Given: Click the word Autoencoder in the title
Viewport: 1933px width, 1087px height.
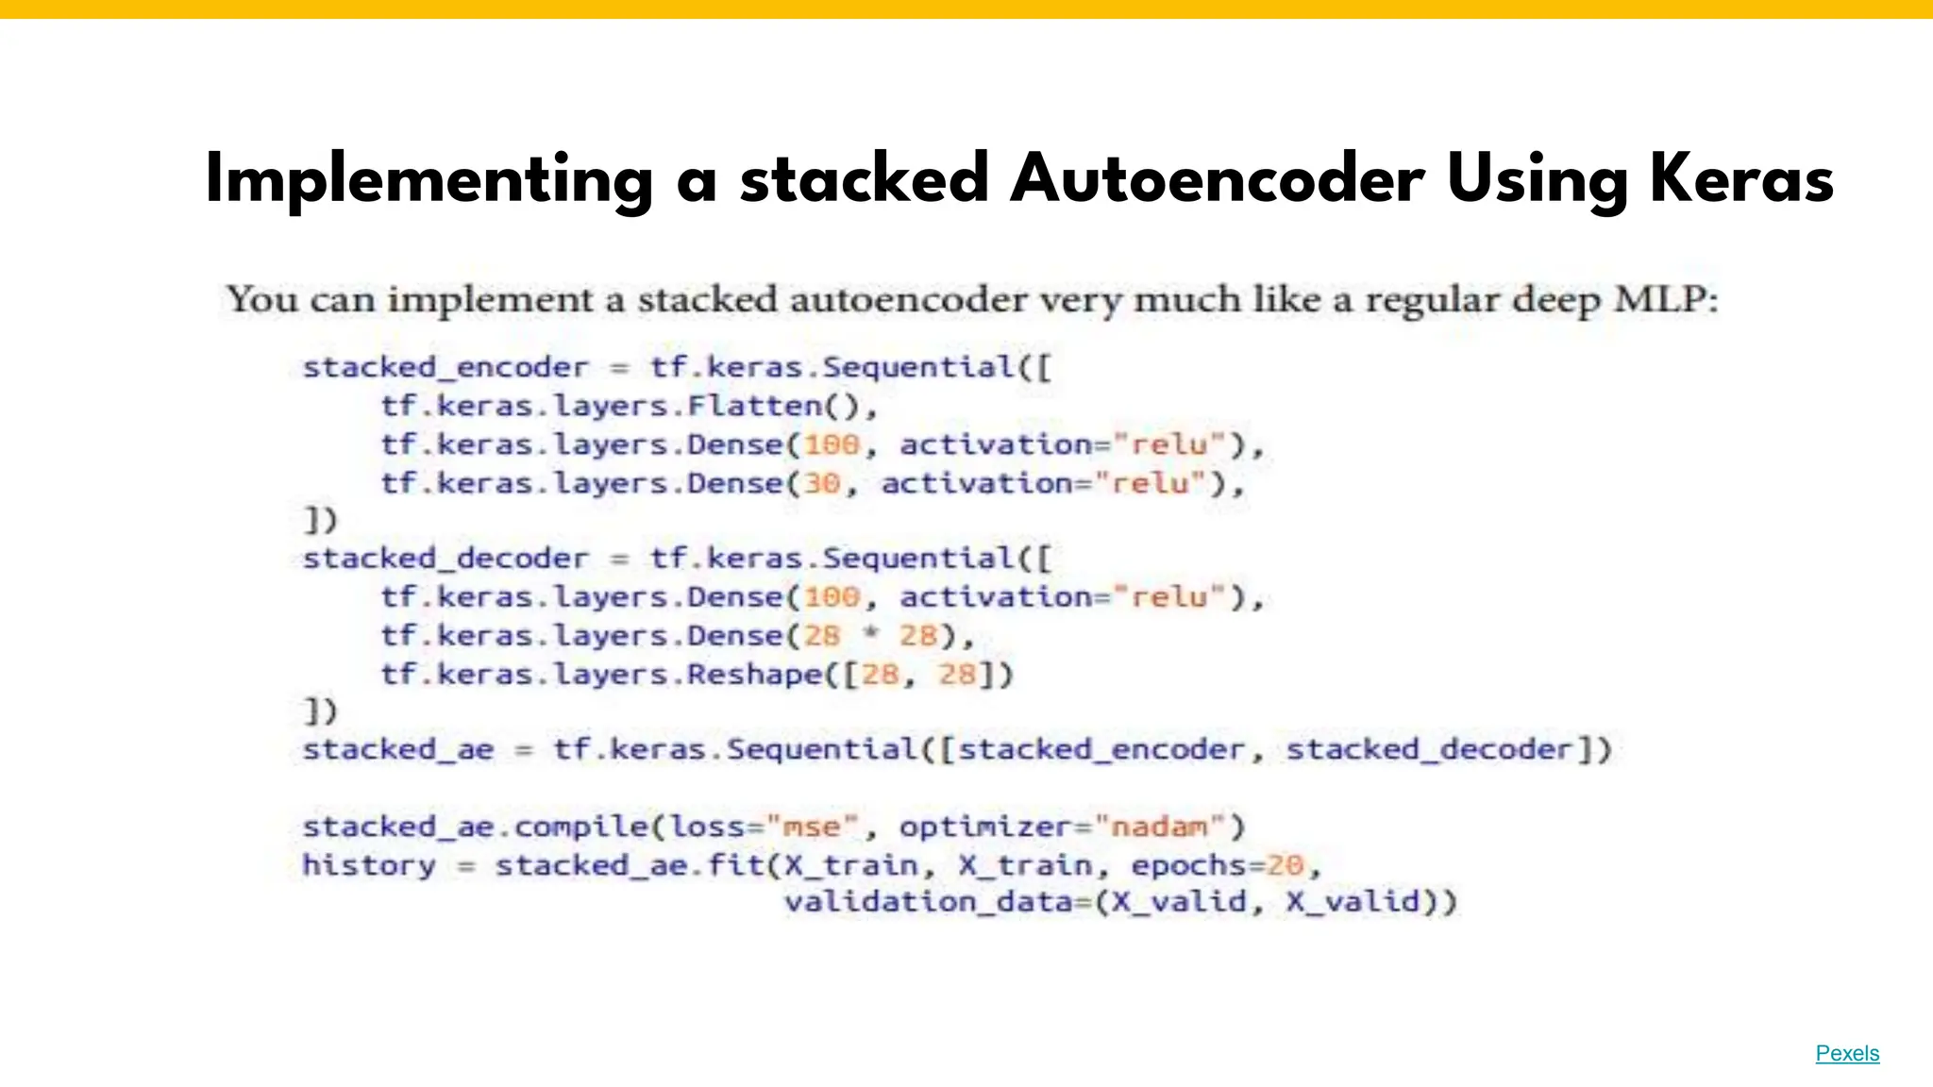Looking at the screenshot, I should click(1217, 179).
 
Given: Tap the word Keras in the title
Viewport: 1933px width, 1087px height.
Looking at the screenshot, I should click(1740, 179).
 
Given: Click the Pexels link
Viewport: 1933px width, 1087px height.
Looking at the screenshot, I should click(1847, 1053).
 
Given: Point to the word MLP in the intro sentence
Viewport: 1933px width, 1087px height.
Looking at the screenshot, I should click(1665, 300).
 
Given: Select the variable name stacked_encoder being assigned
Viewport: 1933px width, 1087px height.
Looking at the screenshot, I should click(445, 368).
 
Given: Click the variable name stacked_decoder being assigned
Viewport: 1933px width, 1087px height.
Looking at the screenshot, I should click(445, 559).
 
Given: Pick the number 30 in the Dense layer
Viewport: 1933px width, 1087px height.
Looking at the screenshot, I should click(821, 483).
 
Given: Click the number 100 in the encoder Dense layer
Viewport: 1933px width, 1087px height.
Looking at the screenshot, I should click(832, 444).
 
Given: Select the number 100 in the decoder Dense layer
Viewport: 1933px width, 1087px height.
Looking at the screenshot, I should click(832, 597).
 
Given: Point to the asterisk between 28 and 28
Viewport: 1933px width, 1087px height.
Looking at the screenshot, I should click(870, 635).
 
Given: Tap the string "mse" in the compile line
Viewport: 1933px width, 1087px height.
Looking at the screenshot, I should click(812, 828).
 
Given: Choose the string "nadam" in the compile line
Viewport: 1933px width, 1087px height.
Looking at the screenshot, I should click(1158, 828).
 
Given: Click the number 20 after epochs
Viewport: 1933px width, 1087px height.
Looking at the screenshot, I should click(1284, 865).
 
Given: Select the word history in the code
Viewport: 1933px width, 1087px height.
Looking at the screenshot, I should click(369, 865).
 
